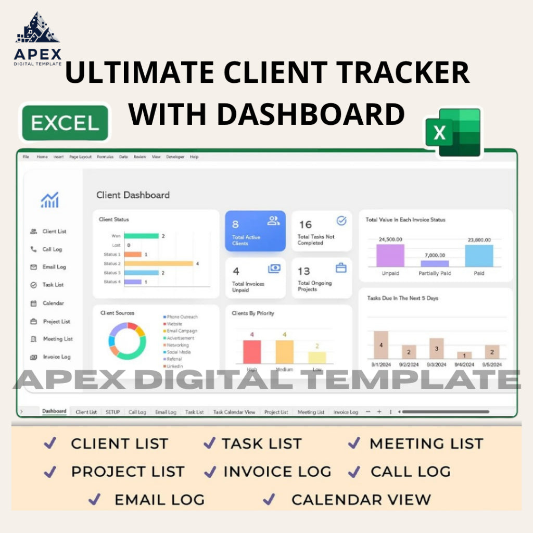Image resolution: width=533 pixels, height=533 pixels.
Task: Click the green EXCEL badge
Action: click(65, 123)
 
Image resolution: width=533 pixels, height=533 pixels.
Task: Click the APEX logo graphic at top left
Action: click(37, 29)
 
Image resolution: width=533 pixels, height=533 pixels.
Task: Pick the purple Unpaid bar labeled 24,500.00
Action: click(391, 255)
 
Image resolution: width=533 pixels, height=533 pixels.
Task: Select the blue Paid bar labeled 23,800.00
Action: click(479, 256)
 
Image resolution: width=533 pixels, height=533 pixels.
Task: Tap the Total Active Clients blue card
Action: click(255, 231)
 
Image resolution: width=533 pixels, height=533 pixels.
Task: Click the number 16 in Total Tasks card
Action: click(305, 224)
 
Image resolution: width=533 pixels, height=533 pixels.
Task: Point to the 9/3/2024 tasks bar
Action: click(436, 348)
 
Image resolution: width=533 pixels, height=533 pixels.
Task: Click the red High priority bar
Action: click(252, 351)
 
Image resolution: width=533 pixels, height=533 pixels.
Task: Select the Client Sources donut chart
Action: click(126, 341)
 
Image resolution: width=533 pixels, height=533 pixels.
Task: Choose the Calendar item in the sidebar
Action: click(53, 303)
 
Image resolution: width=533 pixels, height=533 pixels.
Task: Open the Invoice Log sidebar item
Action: click(56, 357)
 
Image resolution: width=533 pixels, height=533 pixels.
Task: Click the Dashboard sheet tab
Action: click(54, 411)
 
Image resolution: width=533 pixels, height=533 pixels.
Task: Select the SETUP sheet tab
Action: click(112, 412)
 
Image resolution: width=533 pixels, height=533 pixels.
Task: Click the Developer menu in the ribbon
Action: click(175, 157)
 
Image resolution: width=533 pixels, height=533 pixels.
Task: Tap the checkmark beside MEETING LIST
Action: click(354, 443)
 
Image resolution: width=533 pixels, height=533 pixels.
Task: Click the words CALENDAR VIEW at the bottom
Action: click(361, 500)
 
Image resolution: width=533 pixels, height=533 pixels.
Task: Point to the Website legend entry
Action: click(174, 324)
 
